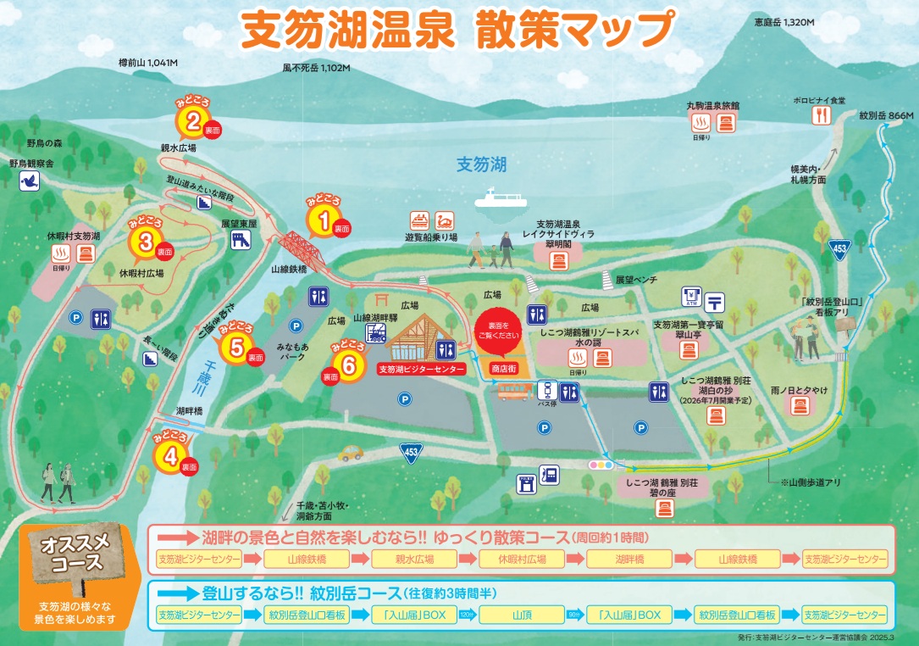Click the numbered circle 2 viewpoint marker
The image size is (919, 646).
coord(193,123)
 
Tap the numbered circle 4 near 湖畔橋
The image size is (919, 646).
coord(169,456)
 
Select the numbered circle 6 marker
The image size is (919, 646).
coord(347,364)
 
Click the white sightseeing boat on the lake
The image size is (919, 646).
coord(500,198)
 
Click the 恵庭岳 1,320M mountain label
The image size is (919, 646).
coord(783,22)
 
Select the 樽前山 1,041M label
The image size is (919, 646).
coord(153,63)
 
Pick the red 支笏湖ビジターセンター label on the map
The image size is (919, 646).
coord(422,370)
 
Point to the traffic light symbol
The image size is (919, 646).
coord(601,465)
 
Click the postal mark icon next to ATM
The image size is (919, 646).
coord(715,299)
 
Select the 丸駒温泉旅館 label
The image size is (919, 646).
coord(712,106)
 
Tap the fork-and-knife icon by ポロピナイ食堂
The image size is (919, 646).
coord(800,118)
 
